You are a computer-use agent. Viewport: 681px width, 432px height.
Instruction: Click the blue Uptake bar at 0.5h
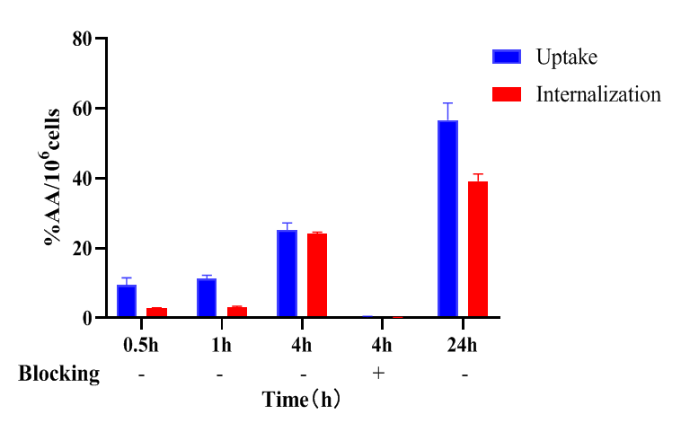[x=127, y=301]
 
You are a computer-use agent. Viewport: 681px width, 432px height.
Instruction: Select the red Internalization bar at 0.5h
[x=157, y=313]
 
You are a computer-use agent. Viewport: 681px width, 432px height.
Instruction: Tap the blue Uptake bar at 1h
[x=207, y=298]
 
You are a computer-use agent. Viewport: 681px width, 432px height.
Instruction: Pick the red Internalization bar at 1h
[x=237, y=312]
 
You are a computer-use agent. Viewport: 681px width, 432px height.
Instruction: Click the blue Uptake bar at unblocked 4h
[x=287, y=274]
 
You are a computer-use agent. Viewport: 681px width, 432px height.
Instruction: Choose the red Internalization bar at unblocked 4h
[x=317, y=276]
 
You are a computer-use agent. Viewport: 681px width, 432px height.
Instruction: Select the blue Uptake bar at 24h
[x=447, y=219]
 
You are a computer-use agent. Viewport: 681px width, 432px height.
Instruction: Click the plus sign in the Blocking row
[x=378, y=374]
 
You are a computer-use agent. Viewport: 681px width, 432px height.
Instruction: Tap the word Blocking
[x=59, y=374]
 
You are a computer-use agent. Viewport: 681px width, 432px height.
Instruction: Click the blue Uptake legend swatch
[x=507, y=57]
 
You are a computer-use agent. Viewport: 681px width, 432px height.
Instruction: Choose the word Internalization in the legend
[x=598, y=93]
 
